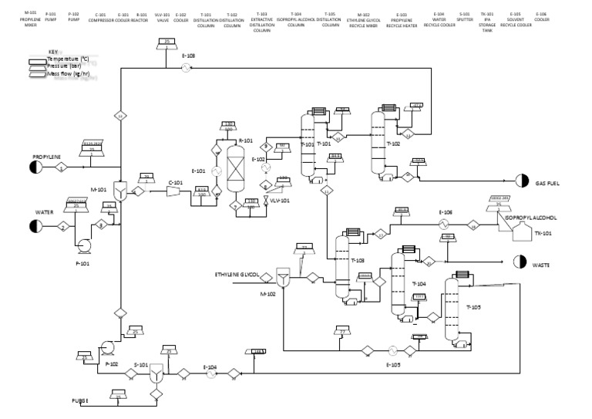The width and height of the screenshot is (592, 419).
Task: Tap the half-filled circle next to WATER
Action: point(35,226)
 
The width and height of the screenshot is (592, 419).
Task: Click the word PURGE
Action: point(81,401)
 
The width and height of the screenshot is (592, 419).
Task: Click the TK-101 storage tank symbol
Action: point(525,232)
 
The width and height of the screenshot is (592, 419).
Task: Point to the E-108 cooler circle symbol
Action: point(186,68)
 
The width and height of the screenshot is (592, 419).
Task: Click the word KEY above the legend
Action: point(53,52)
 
